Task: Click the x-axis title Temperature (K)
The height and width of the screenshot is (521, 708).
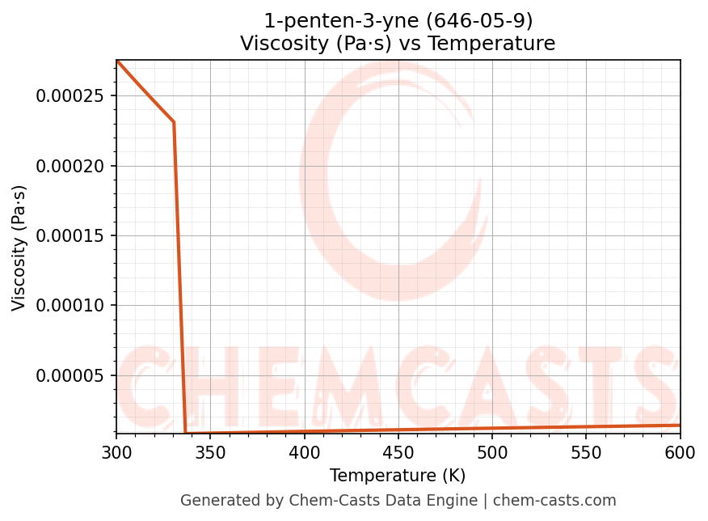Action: [398, 476]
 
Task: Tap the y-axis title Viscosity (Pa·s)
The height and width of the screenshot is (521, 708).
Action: [19, 248]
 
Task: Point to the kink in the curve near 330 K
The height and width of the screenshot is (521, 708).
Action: [174, 122]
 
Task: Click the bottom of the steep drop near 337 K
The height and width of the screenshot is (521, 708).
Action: [186, 433]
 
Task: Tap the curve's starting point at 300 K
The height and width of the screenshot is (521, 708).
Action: [117, 61]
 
